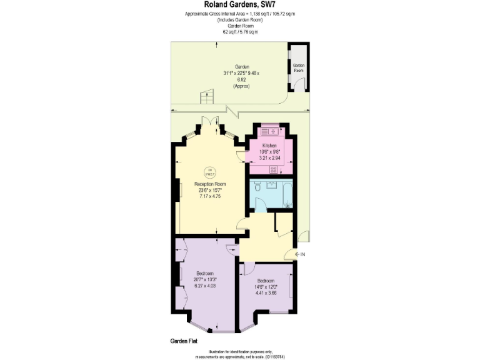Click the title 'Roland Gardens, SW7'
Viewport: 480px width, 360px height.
click(x=240, y=5)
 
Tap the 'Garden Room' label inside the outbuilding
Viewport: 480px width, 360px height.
click(x=299, y=67)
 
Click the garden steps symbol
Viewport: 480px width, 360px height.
click(x=206, y=97)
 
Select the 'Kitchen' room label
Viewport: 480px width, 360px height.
click(x=269, y=146)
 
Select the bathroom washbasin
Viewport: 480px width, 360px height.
click(x=271, y=185)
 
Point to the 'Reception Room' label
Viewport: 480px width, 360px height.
click(x=209, y=184)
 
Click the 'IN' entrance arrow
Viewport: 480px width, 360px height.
click(x=301, y=254)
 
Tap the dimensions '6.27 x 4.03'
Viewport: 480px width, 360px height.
click(x=205, y=286)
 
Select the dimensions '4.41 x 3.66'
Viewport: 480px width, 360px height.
click(x=265, y=292)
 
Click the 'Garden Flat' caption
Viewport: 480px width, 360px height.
click(x=185, y=341)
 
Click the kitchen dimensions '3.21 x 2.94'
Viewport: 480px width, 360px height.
click(x=270, y=158)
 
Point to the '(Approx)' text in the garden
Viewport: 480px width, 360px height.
click(x=241, y=86)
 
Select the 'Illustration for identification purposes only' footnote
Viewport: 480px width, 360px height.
click(x=240, y=352)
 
